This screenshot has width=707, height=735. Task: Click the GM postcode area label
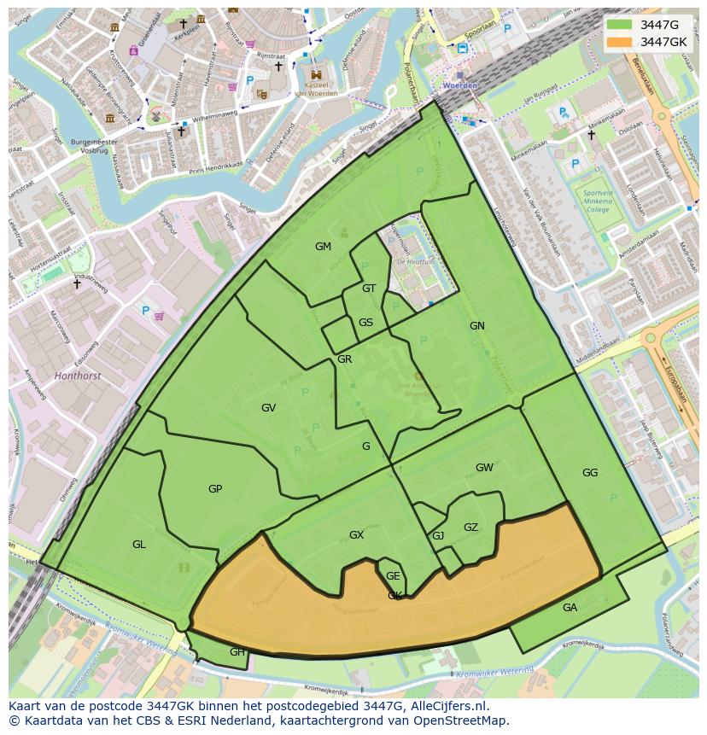(x=323, y=247)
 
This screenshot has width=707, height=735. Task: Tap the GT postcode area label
(x=369, y=289)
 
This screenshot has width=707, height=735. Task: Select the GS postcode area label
(x=365, y=323)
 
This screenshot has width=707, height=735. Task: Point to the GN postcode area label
(x=476, y=326)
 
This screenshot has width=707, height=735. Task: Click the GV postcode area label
(x=268, y=408)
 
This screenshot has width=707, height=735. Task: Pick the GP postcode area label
(x=215, y=489)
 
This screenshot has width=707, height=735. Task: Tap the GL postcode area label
(x=139, y=545)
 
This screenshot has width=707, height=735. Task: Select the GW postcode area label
(x=484, y=468)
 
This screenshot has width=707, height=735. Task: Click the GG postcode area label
(x=590, y=473)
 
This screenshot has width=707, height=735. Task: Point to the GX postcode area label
(x=356, y=535)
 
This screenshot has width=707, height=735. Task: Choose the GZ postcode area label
(x=470, y=528)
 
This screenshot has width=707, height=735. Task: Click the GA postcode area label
(x=570, y=608)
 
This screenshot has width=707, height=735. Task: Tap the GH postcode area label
(x=237, y=652)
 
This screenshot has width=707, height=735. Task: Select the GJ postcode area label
(x=438, y=536)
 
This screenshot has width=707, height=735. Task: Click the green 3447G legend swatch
(x=620, y=25)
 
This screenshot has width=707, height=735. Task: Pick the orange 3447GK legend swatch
(x=620, y=42)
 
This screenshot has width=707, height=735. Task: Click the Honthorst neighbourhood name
(x=77, y=375)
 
